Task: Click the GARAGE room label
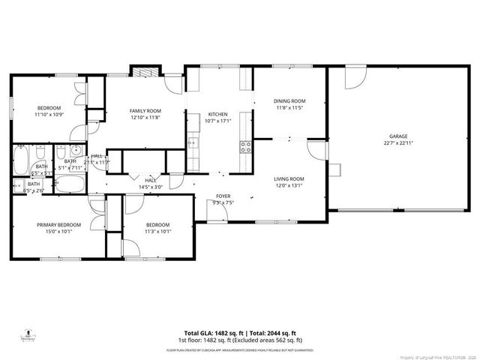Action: pos(397,136)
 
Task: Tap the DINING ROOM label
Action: pos(289,100)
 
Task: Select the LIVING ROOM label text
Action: pos(288,178)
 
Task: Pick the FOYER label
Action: pos(223,196)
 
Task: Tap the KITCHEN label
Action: pos(217,114)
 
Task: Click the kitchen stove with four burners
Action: pos(245,146)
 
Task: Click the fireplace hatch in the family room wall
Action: pos(142,71)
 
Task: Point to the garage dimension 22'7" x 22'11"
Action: pos(397,142)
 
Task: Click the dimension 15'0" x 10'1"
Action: pos(58,232)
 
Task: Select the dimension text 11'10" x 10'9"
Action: pos(49,115)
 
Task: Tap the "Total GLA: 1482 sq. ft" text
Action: pos(212,333)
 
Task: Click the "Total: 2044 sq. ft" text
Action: pos(270,333)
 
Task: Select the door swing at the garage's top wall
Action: pos(354,76)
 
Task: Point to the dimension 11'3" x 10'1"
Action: pos(157,232)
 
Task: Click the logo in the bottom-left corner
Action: pos(28,335)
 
